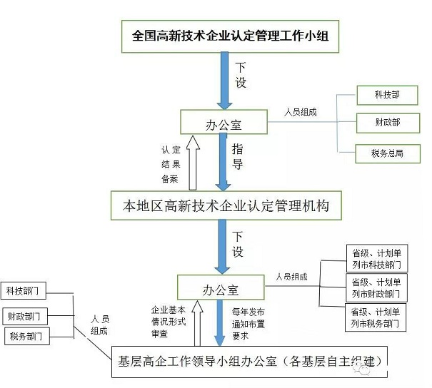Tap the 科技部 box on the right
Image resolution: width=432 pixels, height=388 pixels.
point(386,94)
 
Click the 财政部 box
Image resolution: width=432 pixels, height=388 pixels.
point(386,123)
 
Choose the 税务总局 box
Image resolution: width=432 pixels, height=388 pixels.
point(386,152)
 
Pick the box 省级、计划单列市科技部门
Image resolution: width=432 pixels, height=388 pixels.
point(376,259)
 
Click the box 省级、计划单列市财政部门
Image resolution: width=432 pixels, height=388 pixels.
point(376,287)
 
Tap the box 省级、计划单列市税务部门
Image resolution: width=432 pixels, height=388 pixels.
point(376,317)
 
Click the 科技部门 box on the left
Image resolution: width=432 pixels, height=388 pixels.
point(26,291)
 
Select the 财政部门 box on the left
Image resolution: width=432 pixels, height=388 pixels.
point(26,315)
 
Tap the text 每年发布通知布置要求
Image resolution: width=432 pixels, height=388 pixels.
point(248,322)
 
